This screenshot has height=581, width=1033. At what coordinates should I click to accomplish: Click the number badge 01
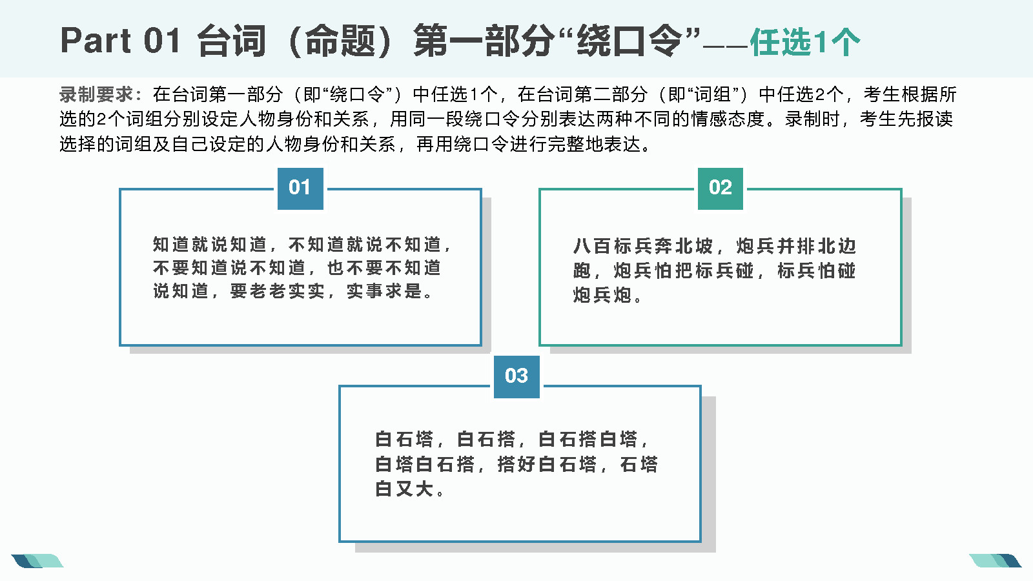coord(300,189)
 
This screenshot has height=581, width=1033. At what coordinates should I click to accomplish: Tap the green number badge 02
coord(721,189)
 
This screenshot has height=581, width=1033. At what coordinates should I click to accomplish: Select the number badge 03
coord(516,377)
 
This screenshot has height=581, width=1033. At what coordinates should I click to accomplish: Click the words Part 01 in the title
coord(120,41)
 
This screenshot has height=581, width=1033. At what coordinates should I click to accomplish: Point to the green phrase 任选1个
coord(804,42)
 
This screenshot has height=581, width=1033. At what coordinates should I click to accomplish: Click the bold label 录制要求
coord(96,94)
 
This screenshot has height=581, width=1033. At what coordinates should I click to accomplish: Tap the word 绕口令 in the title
coord(629,41)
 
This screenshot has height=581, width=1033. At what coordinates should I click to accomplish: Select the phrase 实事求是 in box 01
coord(385,291)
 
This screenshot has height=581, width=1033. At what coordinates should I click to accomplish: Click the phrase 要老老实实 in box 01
coord(277,291)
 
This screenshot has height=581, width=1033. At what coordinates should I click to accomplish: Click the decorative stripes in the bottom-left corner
coord(37,561)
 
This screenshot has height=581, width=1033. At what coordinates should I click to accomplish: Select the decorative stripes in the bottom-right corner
coord(995,561)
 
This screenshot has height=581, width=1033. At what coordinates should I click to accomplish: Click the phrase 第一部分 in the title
coord(484,41)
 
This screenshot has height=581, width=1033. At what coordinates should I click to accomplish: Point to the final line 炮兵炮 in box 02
coord(602,295)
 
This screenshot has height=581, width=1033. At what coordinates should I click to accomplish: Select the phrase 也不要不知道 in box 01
coord(384,268)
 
